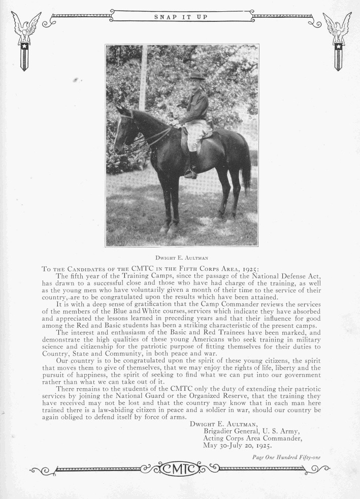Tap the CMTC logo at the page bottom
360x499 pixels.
181,466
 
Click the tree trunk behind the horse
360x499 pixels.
144,76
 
